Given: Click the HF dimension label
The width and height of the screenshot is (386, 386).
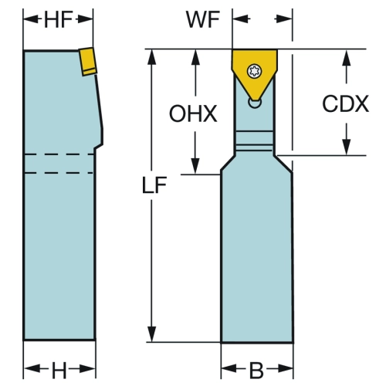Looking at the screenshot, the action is point(58,19).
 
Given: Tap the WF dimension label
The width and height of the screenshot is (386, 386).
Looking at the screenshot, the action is point(203,19).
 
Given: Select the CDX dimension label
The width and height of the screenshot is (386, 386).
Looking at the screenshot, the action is point(346,103).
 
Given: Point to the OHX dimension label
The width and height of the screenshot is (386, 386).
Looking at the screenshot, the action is point(193,113).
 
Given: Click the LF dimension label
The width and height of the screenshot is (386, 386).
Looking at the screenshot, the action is point(154,185).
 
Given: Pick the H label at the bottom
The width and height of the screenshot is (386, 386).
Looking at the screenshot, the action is point(59,370).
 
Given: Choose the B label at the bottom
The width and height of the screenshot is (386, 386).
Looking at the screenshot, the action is point(256,371).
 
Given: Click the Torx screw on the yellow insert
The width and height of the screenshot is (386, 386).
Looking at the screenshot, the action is point(254,71).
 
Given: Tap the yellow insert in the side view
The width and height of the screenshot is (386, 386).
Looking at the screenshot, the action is point(88,61).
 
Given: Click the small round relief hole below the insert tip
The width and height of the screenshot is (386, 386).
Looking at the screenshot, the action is point(255,103).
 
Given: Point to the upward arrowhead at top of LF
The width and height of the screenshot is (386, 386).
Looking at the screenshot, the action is point(152,57).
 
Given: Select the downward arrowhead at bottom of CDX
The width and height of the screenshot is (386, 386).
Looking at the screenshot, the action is point(347,147).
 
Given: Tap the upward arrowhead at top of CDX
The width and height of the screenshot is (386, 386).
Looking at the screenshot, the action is point(347,57).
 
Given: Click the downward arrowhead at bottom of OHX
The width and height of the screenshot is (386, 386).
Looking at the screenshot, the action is point(195,166).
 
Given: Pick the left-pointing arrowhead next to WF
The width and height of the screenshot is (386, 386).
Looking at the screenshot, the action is point(241,19).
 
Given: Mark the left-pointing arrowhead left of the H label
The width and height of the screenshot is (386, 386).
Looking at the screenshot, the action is point(32,369).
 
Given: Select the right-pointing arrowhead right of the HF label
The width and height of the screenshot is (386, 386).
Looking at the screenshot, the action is point(84,19).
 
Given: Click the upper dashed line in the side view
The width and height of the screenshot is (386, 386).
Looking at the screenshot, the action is point(59,154).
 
